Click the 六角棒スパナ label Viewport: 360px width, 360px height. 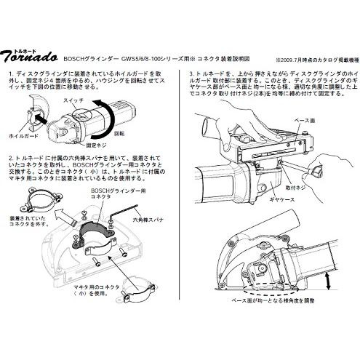click(x=149, y=216)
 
